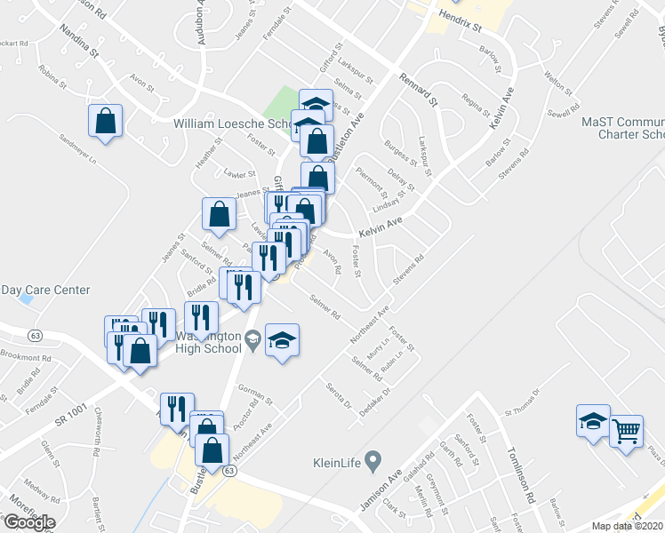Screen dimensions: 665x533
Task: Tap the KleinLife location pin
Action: coord(373,462)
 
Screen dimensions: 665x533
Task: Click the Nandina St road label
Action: coord(80,41)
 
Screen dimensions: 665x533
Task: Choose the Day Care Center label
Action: coord(45,290)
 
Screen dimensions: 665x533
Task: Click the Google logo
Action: coord(28,521)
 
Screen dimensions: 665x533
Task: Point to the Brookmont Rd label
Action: coord(26,357)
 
